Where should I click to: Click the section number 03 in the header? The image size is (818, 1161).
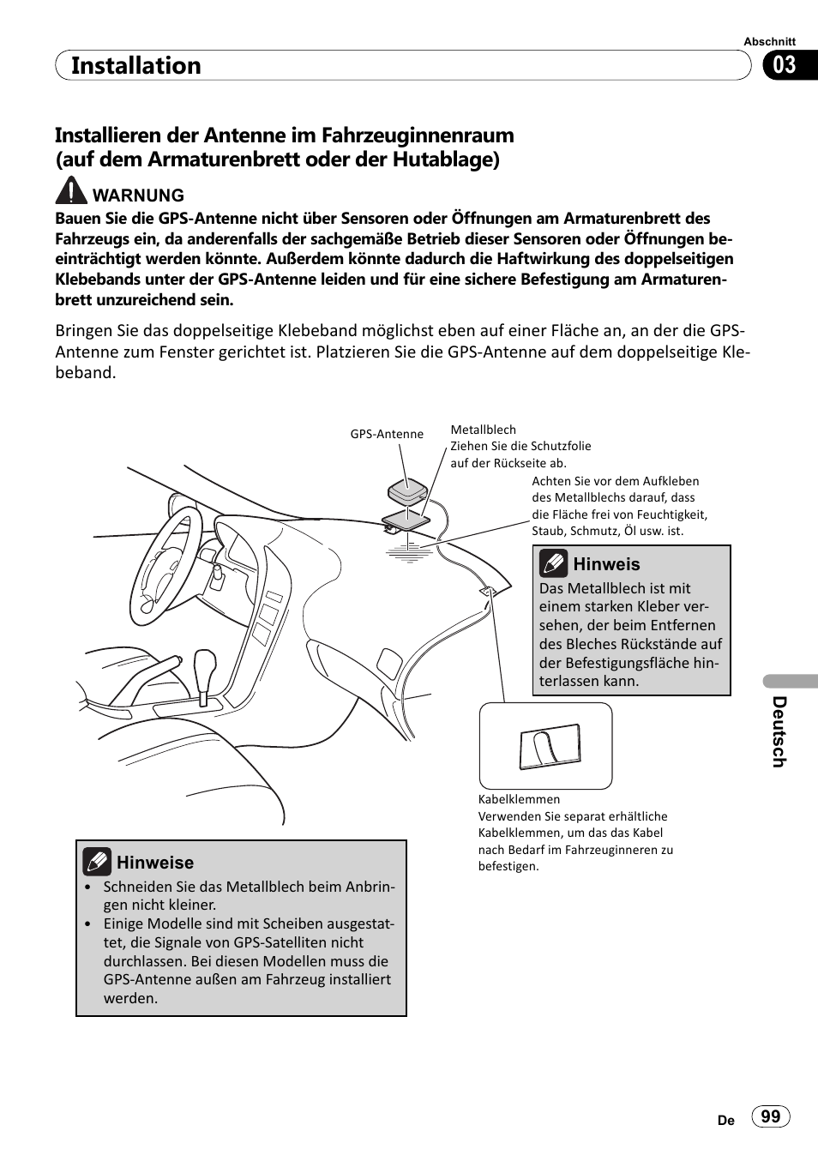785,66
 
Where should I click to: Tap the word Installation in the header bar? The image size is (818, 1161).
136,66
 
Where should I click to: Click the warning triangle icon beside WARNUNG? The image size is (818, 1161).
72,191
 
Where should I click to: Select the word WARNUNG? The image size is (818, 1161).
138,196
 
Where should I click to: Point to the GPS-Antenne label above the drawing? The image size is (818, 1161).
387,434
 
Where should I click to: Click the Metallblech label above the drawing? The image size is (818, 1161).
483,430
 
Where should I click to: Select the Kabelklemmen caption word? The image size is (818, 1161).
519,799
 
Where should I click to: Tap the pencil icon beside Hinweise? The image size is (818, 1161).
97,861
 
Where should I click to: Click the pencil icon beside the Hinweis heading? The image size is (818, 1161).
553,563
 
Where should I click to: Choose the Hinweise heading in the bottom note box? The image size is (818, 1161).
155,863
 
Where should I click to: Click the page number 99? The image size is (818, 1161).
770,1116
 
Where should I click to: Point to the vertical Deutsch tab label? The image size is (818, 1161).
779,731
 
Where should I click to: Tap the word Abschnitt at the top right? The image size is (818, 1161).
769,41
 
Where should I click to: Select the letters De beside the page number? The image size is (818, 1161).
725,1120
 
